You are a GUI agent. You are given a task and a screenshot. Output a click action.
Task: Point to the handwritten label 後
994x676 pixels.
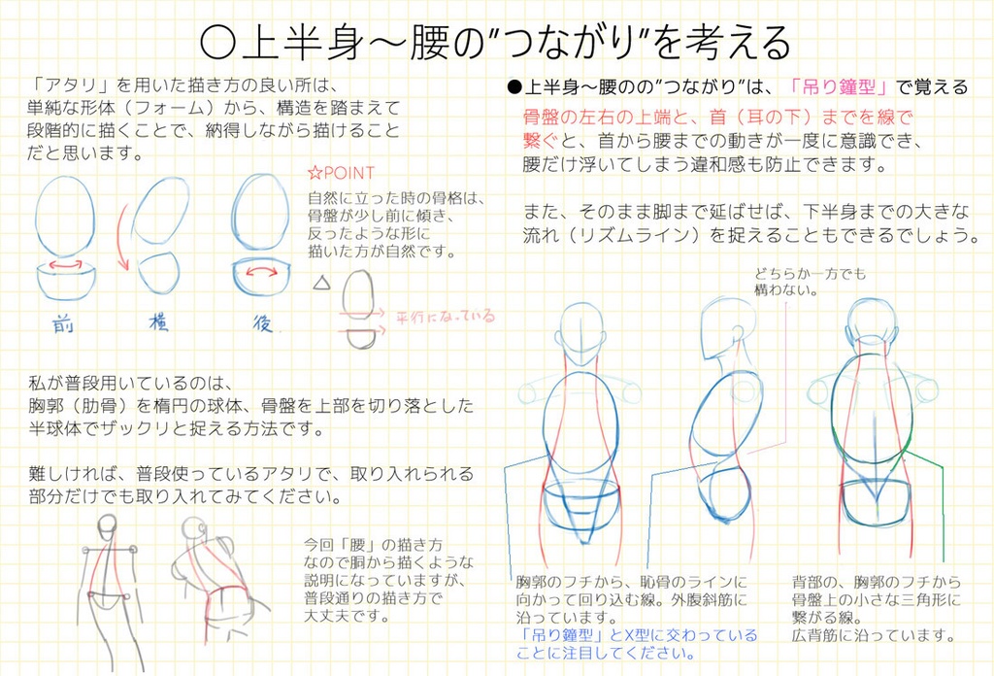click(262, 323)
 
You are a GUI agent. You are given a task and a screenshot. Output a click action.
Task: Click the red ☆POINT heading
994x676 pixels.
click(341, 174)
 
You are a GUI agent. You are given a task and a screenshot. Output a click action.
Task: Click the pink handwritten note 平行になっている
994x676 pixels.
click(445, 317)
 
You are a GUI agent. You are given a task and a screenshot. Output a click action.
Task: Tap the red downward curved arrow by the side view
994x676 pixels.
click(122, 239)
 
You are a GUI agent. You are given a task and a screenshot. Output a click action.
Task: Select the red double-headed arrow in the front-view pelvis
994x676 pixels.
click(66, 265)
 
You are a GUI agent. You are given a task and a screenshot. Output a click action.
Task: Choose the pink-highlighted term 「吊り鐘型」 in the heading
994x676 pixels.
click(840, 86)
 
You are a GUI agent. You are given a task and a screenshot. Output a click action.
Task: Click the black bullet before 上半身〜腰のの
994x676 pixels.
click(514, 87)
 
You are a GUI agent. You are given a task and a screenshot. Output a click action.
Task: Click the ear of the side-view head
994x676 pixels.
click(739, 333)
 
